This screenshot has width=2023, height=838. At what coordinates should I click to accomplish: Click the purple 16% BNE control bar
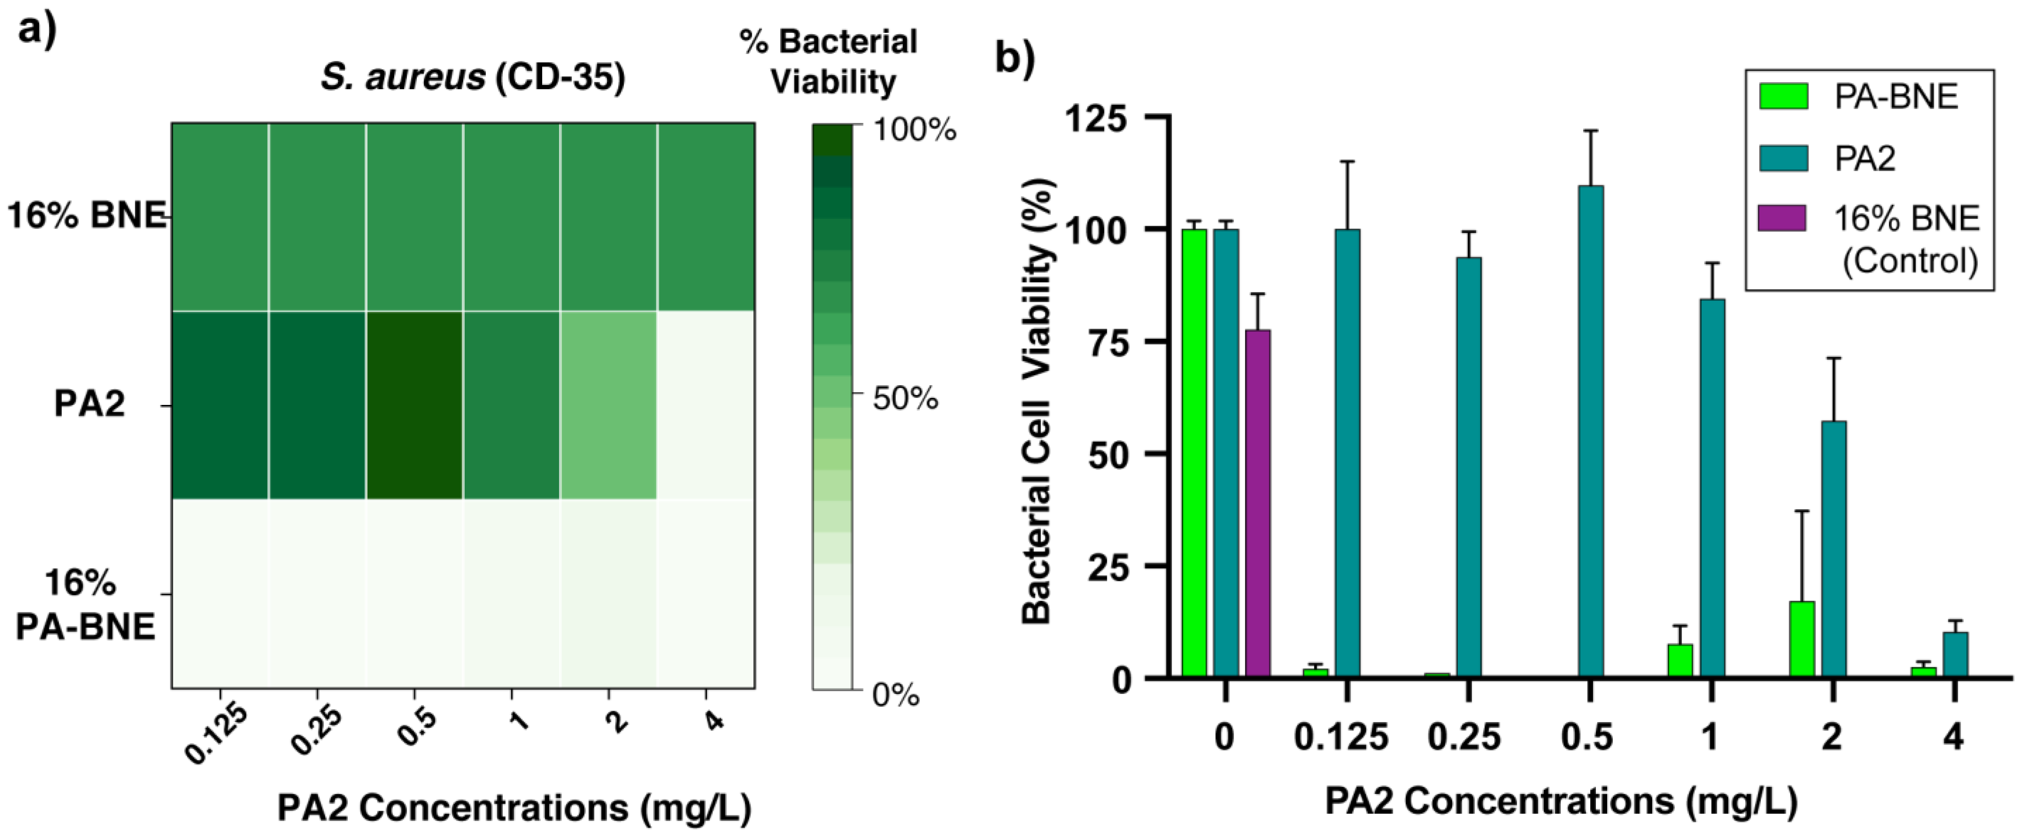tap(1257, 503)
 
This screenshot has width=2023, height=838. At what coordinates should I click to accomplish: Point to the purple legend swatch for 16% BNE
tap(1783, 218)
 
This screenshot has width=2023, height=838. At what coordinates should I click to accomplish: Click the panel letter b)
tap(1015, 57)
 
